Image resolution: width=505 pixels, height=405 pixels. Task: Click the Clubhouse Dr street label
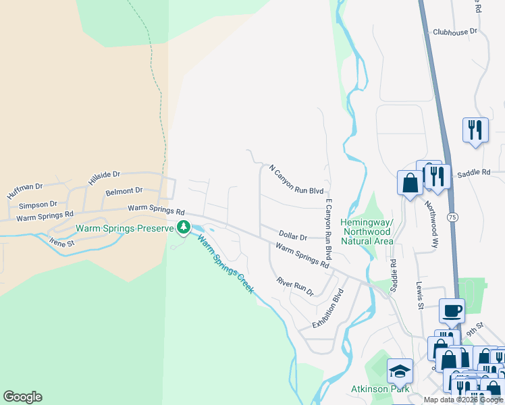(x=455, y=31)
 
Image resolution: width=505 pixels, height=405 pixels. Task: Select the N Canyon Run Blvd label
(x=296, y=180)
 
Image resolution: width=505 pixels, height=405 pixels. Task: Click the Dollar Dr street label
(x=292, y=237)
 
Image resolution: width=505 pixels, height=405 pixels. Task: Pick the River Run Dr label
(x=295, y=286)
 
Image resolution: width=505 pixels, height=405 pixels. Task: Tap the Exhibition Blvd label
(x=328, y=309)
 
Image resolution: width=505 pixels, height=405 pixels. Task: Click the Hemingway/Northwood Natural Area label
(x=367, y=232)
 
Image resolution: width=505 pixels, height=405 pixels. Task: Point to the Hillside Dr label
(x=104, y=178)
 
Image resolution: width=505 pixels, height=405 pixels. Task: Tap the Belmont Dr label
(x=124, y=192)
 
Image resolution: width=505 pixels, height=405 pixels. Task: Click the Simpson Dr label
(x=38, y=205)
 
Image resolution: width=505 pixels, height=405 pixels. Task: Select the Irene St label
(x=61, y=242)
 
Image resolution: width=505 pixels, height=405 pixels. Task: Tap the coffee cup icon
(x=452, y=311)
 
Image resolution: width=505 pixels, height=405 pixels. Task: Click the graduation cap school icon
(x=400, y=371)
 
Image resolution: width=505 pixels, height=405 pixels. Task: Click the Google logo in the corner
(x=22, y=397)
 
